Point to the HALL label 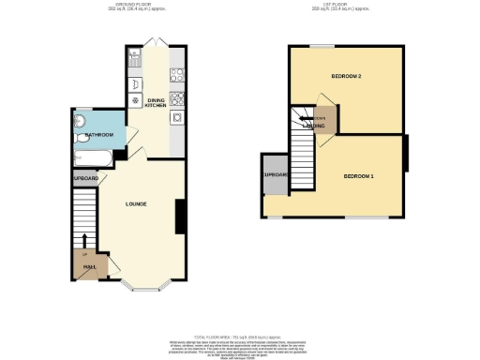[89, 266]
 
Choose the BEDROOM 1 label [357, 176]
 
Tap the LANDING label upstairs [313, 124]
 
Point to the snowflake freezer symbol [135, 100]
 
